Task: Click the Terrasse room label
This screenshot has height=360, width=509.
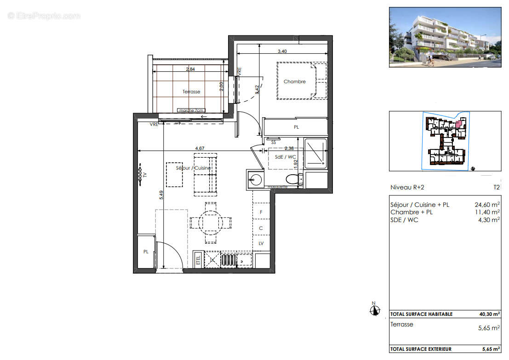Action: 191,92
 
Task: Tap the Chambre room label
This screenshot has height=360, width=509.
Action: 294,82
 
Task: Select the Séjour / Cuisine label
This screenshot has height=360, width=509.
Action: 193,168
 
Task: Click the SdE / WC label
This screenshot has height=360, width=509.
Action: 285,157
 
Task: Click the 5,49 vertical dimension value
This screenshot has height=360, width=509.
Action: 161,195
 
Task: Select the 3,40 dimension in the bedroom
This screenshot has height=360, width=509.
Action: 282,51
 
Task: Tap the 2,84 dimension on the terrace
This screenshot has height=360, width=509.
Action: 190,70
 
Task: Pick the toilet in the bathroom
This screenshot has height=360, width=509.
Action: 292,179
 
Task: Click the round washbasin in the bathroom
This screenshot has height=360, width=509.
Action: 256,178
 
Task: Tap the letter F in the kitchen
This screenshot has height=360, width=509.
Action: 261,212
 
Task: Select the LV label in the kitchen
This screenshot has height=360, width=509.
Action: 261,243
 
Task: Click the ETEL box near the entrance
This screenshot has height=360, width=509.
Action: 198,260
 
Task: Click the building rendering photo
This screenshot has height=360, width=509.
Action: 445,37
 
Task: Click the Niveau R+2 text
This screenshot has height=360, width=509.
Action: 407,188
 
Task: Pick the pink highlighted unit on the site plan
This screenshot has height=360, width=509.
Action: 458,123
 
